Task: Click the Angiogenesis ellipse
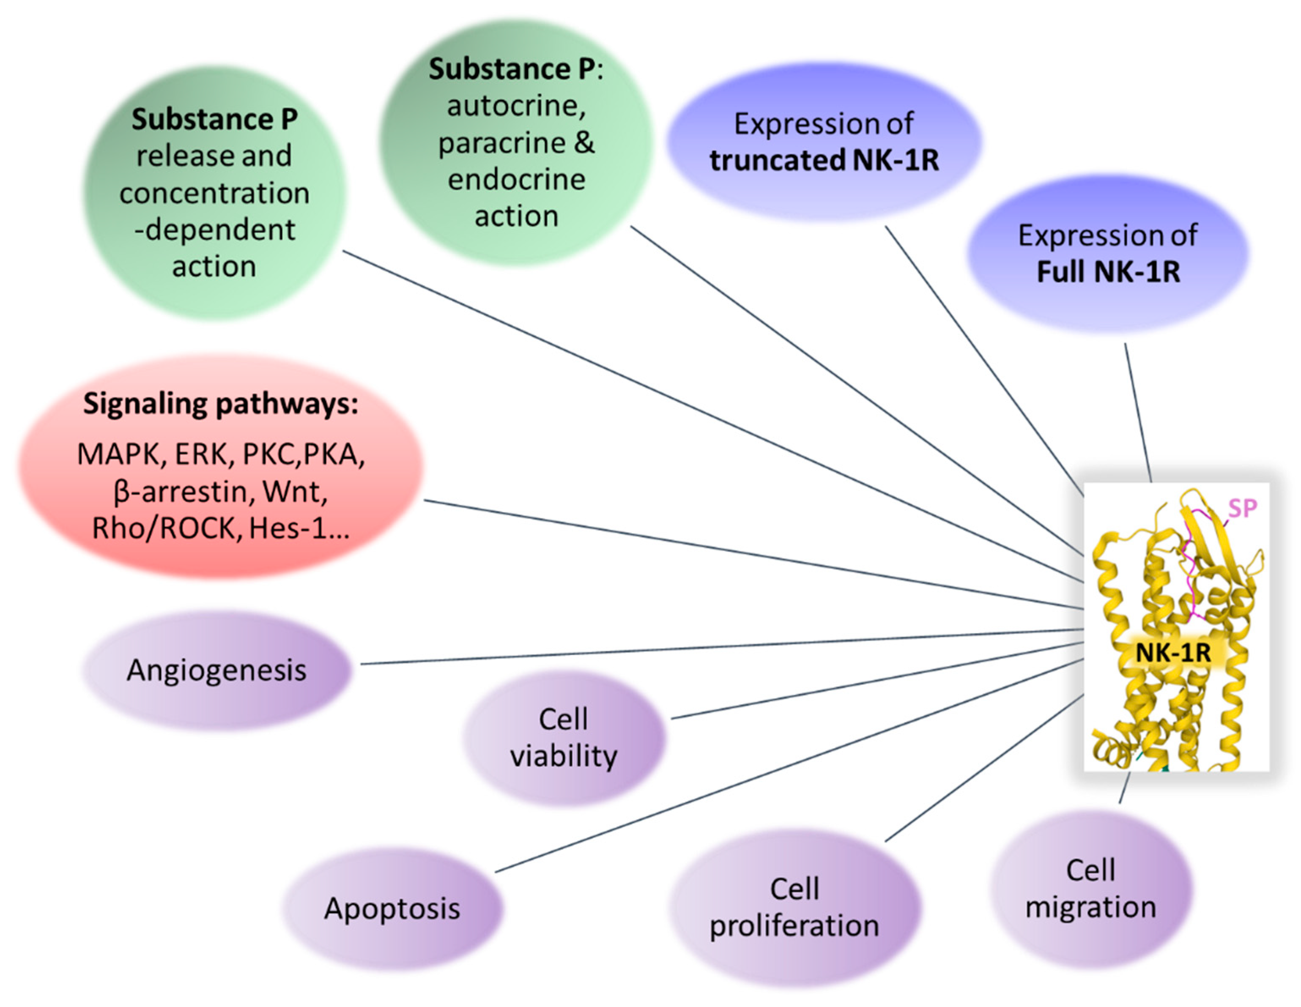coord(216,670)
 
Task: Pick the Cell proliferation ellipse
coord(794,908)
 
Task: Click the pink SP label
coord(1243,508)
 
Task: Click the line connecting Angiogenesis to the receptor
coord(715,647)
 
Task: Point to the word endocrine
coord(516,180)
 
